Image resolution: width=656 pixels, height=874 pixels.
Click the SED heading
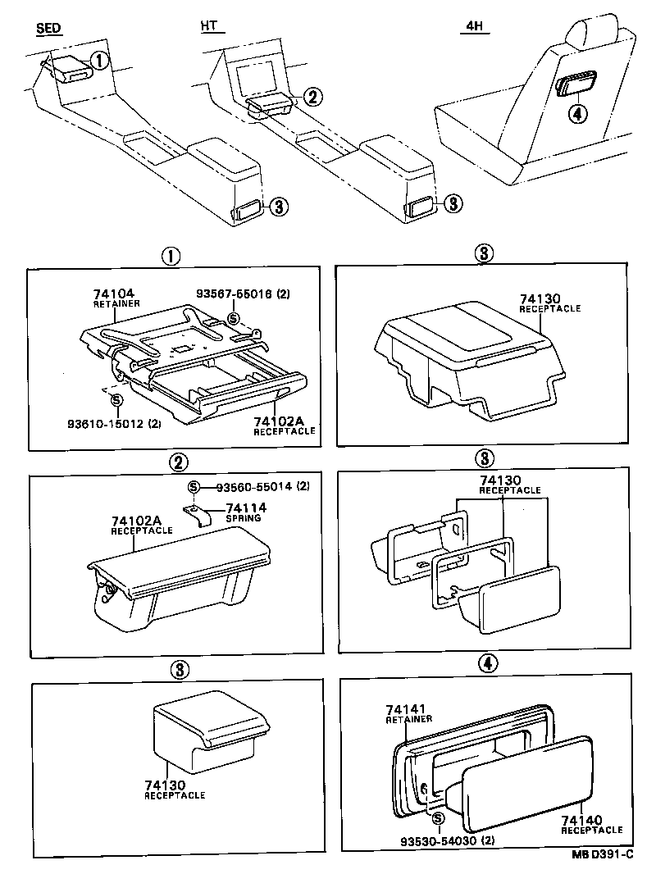pyautogui.click(x=50, y=28)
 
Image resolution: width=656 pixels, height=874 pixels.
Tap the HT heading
pyautogui.click(x=210, y=26)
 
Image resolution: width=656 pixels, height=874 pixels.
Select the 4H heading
pyautogui.click(x=474, y=26)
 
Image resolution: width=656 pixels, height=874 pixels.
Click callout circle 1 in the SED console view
pyautogui.click(x=98, y=60)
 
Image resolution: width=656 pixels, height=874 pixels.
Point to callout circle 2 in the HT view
pyautogui.click(x=312, y=96)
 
